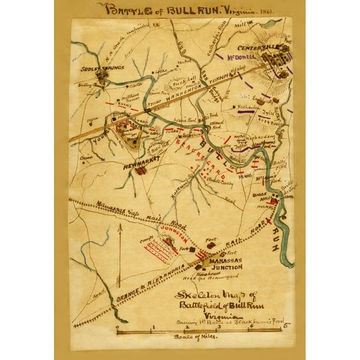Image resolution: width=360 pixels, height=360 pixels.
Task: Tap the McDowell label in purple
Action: [x=234, y=58]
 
